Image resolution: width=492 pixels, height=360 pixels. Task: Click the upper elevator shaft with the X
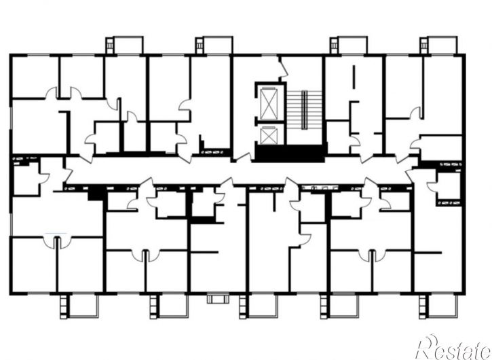tap(269, 104)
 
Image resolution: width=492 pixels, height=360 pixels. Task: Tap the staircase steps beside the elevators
tap(305, 110)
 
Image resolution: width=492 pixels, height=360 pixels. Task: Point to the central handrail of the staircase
tap(305, 110)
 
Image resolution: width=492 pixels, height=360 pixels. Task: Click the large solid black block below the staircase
tap(290, 154)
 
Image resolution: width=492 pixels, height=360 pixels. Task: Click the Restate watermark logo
tap(454, 348)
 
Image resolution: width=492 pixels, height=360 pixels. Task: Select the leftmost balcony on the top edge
tap(125, 46)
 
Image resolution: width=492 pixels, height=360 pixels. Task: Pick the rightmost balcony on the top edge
tap(438, 46)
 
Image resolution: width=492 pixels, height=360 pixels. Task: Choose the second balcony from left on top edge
tap(214, 46)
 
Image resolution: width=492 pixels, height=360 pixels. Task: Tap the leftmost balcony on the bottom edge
tap(79, 306)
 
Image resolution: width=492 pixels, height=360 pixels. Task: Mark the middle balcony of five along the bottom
tap(259, 306)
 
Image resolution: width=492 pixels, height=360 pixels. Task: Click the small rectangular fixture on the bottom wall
tap(218, 298)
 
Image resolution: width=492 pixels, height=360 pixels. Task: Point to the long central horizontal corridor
tap(238, 170)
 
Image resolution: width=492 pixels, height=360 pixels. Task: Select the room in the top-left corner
tap(35, 77)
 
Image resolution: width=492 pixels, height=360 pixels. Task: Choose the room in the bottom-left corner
tap(34, 265)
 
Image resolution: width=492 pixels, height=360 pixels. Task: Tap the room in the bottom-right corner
tap(438, 272)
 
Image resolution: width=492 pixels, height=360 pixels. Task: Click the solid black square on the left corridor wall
tap(96, 193)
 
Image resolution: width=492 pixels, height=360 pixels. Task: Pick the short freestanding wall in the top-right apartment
tap(354, 77)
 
